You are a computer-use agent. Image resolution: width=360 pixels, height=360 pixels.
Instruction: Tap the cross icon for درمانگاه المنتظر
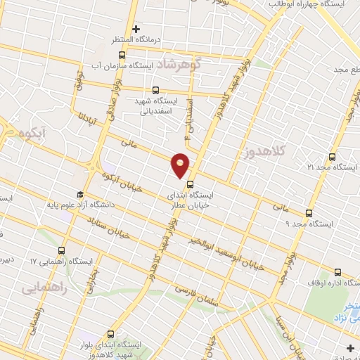pos(136,29)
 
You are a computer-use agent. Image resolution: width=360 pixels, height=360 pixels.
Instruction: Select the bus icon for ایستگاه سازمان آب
pos(122,55)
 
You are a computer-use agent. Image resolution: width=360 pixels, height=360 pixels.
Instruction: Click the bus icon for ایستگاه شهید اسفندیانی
pos(155,90)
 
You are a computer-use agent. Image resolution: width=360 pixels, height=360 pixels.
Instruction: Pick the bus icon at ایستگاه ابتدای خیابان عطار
pos(190,186)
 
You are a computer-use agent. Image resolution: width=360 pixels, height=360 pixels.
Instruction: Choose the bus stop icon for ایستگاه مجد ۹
pos(308,213)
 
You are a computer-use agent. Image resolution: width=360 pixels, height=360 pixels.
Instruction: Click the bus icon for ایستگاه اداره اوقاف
pos(337,272)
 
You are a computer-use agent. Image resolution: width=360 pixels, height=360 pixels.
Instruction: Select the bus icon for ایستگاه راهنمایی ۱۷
pos(61,250)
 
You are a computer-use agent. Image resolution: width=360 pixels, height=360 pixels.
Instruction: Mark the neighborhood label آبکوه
pos(34,132)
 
